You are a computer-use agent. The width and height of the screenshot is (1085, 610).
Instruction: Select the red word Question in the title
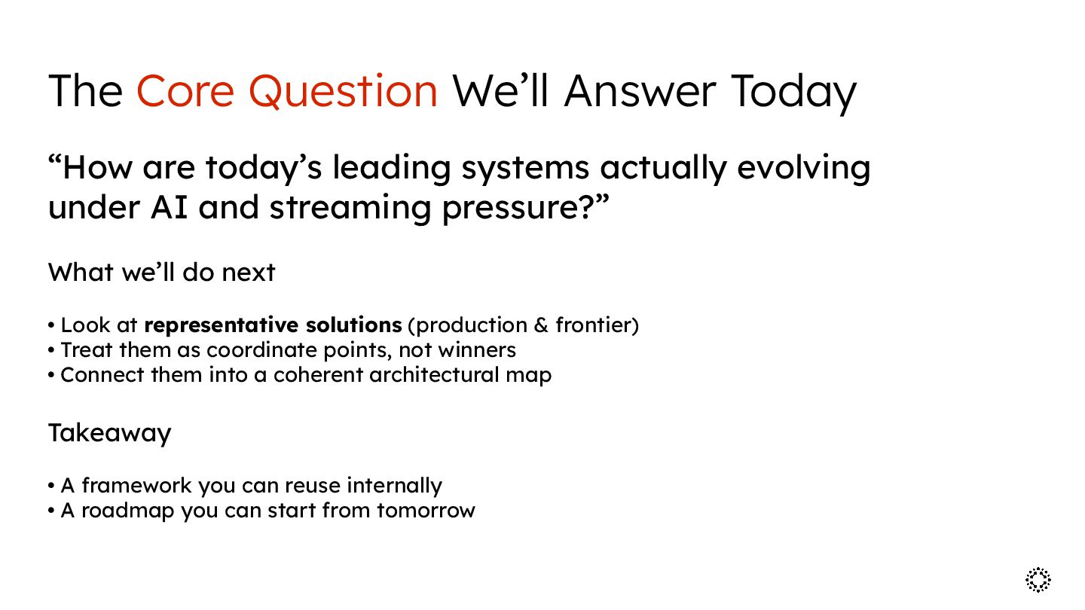tap(344, 92)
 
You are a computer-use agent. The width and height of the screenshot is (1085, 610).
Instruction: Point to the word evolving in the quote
tap(804, 169)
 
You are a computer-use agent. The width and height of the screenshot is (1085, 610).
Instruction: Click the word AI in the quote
tap(169, 207)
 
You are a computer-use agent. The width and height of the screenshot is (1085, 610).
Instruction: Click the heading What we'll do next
tap(162, 272)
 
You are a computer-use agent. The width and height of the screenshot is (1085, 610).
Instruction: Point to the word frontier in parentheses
tap(594, 325)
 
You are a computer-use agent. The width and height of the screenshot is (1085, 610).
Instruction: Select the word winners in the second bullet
tap(477, 350)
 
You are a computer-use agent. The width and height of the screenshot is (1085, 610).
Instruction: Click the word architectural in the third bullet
tap(434, 375)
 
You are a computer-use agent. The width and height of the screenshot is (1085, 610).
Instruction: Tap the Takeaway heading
tap(110, 433)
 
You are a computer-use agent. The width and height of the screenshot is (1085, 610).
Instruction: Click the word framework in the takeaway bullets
tap(136, 486)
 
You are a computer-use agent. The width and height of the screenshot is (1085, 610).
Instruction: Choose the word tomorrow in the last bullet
tap(426, 511)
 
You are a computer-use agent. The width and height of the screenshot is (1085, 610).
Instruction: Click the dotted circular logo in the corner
tap(1038, 580)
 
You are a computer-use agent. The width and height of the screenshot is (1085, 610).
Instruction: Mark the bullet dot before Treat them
tap(51, 350)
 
